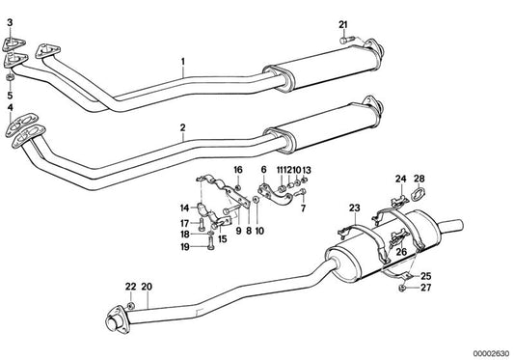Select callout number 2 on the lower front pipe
click(x=181, y=127)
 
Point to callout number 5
click(x=11, y=97)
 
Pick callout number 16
click(x=238, y=170)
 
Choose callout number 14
click(x=183, y=208)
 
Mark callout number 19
click(x=183, y=247)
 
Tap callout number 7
click(x=302, y=208)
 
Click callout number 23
click(x=354, y=208)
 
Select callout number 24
click(x=400, y=179)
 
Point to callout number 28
click(x=419, y=179)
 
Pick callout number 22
click(x=130, y=286)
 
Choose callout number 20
click(x=148, y=286)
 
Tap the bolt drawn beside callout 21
click(x=348, y=40)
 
